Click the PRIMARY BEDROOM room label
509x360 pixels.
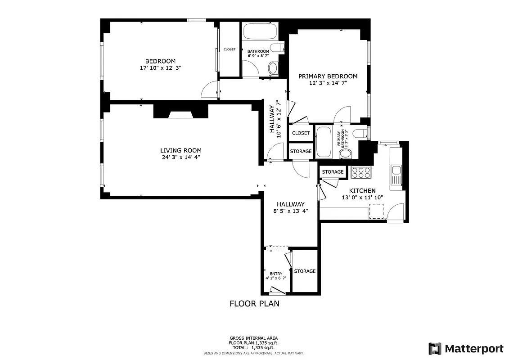[x=328, y=76]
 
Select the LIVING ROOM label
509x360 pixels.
[x=181, y=150]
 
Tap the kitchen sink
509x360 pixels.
[x=396, y=170]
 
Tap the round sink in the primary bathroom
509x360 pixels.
[x=346, y=154]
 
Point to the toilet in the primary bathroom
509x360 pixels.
[x=360, y=133]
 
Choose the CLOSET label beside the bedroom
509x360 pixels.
[x=230, y=49]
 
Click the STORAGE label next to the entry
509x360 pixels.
[x=305, y=271]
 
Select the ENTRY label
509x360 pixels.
[x=276, y=274]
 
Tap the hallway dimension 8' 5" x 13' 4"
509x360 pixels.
[x=291, y=211]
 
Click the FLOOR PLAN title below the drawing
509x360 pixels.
[x=254, y=303]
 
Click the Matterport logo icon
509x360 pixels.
[x=435, y=348]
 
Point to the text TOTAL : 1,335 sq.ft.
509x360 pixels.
[x=254, y=348]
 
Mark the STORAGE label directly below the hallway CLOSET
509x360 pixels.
[x=301, y=151]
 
